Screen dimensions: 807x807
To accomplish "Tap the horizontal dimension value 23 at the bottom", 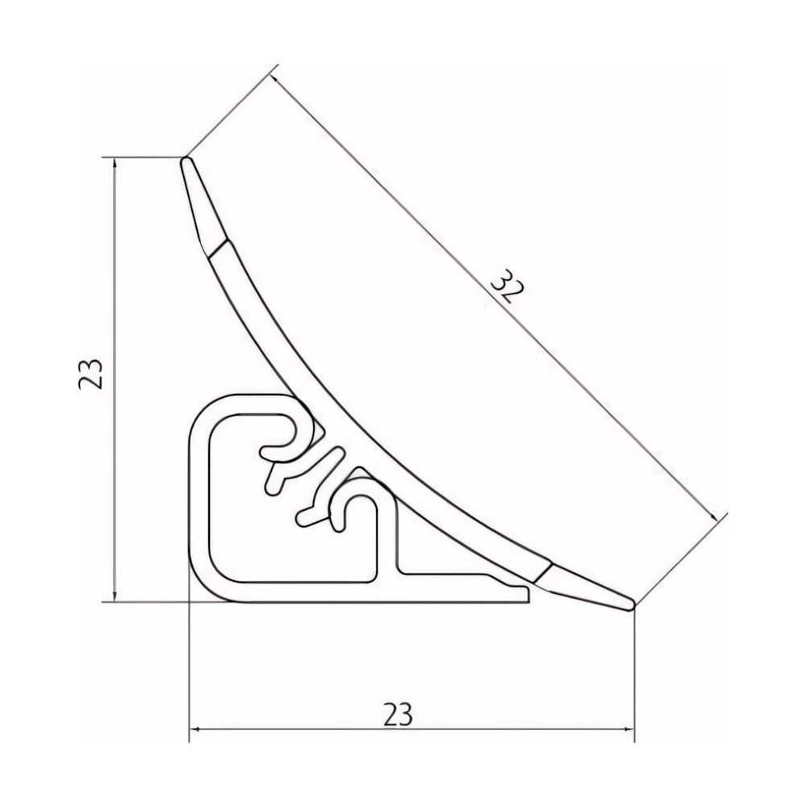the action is (398, 714).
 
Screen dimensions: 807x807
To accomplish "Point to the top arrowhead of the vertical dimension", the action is (115, 165).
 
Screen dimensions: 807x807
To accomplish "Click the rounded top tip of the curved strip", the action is (186, 161).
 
